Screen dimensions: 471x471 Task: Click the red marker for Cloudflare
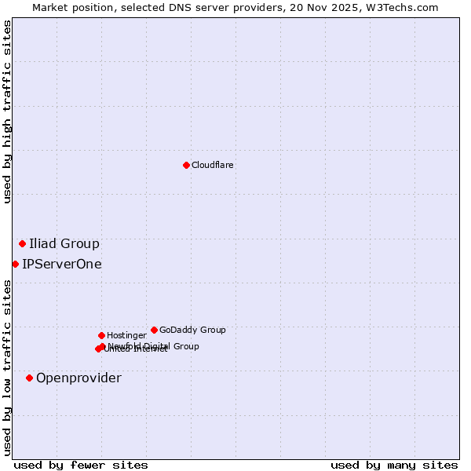186,165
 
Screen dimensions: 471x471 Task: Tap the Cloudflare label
212,165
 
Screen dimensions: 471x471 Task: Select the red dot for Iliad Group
22,243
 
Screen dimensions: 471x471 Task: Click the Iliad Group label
64,243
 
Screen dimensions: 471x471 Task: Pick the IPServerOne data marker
15,264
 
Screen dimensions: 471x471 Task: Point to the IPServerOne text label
62,264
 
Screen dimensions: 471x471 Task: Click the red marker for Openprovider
29,378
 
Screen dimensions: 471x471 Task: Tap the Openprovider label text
78,378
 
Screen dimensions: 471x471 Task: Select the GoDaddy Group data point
154,330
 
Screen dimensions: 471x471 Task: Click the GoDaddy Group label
192,330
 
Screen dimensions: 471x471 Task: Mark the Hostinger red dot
101,335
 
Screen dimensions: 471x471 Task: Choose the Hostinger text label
126,335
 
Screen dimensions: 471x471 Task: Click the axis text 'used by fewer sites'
81,465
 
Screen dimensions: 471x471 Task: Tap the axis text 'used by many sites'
394,465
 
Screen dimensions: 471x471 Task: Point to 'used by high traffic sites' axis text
7,111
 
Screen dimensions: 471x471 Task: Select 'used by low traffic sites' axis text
7,367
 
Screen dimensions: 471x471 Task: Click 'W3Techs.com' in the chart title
406,7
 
